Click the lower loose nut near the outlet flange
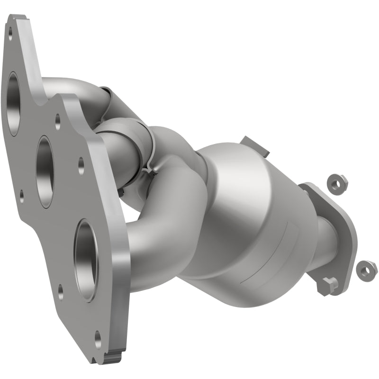[x=364, y=270]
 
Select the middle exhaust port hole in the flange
[x=45, y=171]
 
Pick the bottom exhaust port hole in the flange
[x=87, y=260]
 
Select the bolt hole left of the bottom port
[x=61, y=292]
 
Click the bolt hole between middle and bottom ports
[x=81, y=164]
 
